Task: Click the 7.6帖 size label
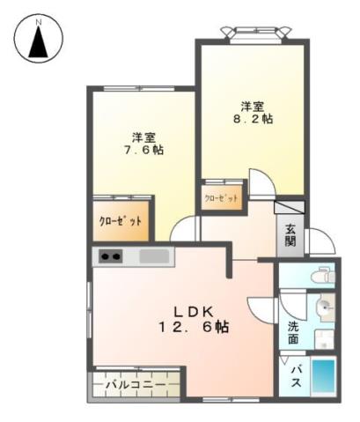145,150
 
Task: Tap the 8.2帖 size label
252,117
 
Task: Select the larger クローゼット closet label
120,221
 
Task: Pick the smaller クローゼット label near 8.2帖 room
221,198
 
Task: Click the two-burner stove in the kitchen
111,257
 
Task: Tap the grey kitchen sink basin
155,256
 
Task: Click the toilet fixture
323,276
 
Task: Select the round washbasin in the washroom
324,308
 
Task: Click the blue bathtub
323,378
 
